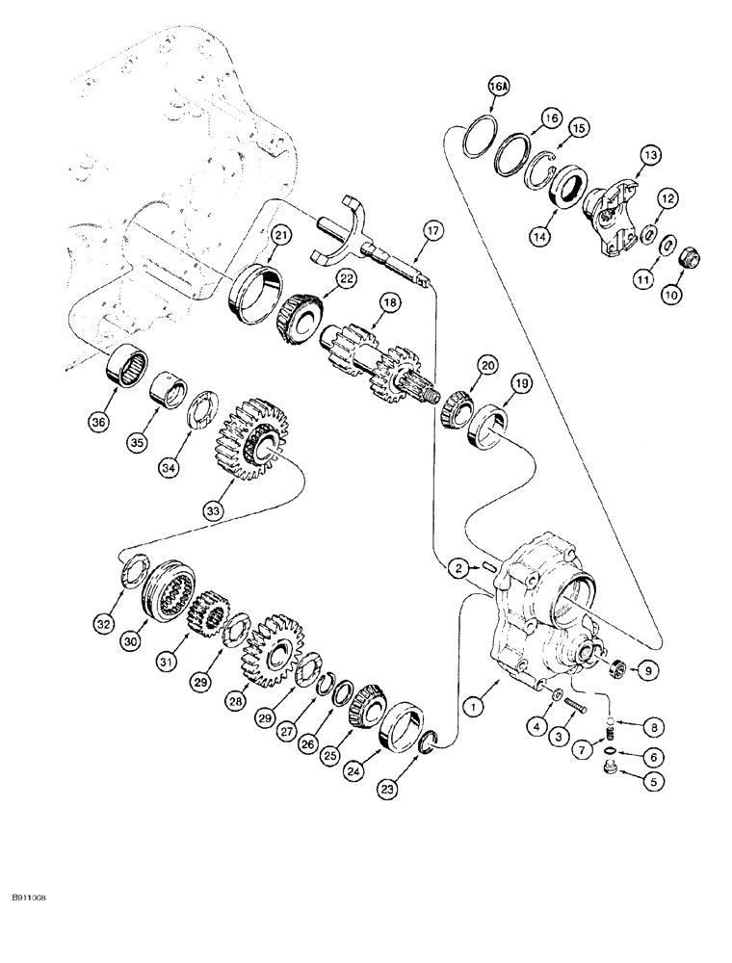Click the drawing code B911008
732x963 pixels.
pos(32,897)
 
